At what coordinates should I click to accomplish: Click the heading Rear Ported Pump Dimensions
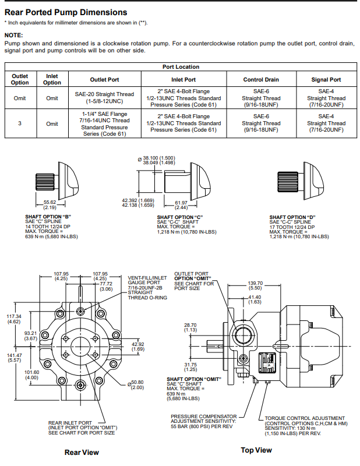pos(66,12)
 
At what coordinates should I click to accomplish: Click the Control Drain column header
pos(260,80)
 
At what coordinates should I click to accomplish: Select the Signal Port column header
pos(326,80)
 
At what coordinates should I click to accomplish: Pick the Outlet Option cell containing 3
pos(20,123)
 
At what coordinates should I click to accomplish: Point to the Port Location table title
pos(180,67)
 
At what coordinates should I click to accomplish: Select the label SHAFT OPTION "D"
pos(292,217)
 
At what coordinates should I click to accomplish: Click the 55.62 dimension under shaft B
pos(50,204)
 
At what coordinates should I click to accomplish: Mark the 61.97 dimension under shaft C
pos(181,204)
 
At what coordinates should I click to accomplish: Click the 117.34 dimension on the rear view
pos(14,319)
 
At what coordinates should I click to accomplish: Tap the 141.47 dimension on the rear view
pos(14,358)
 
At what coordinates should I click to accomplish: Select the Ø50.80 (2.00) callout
pos(137,385)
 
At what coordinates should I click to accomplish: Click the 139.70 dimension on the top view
pos(256,285)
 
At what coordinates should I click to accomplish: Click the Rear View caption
pos(82,452)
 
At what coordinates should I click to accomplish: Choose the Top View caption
pos(256,450)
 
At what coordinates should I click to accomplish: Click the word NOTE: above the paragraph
pos(13,36)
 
